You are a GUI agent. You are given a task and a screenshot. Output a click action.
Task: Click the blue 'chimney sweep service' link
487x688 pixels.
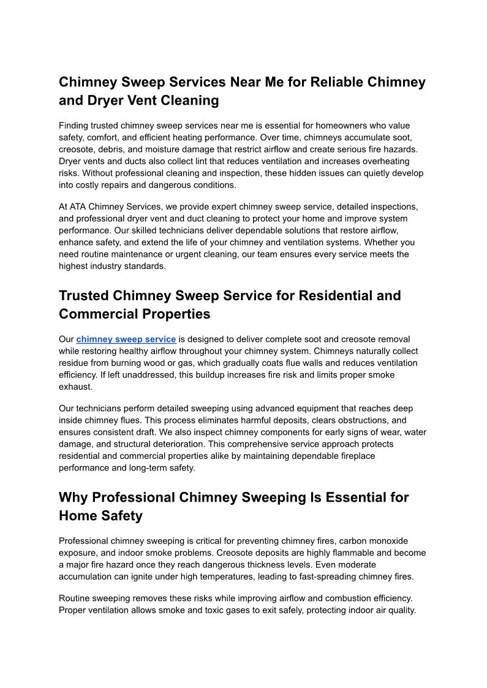point(126,339)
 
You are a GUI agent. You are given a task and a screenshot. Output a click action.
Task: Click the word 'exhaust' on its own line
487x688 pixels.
point(75,387)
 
